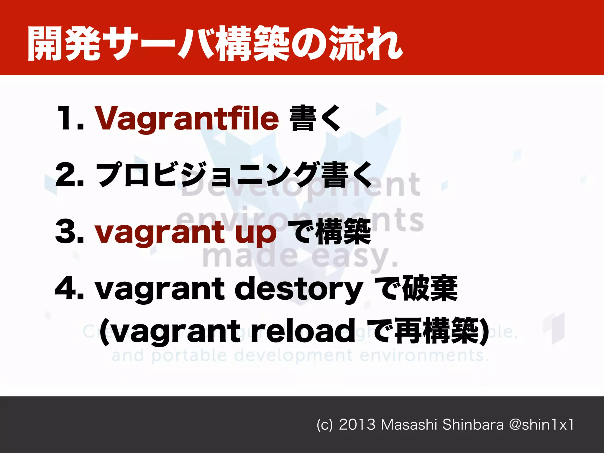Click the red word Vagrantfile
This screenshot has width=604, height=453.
click(x=186, y=119)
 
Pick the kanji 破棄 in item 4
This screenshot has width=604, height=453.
click(x=430, y=288)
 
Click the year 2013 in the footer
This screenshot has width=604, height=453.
click(x=357, y=425)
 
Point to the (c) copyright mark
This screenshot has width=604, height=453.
click(x=324, y=425)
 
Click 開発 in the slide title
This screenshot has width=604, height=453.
click(x=63, y=44)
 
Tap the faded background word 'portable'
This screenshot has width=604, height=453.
click(x=189, y=355)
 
